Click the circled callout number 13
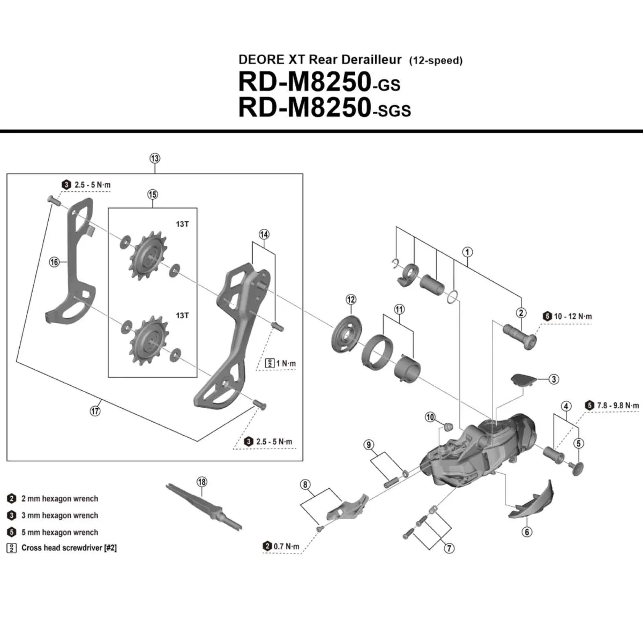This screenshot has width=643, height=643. point(154,159)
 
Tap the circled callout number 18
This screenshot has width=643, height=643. point(201,482)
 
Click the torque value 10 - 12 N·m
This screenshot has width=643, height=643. point(573,317)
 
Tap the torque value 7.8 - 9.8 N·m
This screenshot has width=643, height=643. point(618,406)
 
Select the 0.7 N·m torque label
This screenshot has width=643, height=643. point(286,547)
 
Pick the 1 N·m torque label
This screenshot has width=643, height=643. point(286,363)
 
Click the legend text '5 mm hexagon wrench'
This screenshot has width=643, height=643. point(59,533)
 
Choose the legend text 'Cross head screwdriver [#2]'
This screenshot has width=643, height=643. point(69,548)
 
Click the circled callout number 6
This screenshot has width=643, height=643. point(527,532)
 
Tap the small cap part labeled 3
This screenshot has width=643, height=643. point(523,379)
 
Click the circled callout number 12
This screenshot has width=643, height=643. point(350,300)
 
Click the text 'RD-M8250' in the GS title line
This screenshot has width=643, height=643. point(304,83)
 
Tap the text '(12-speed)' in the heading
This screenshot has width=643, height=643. point(436,61)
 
